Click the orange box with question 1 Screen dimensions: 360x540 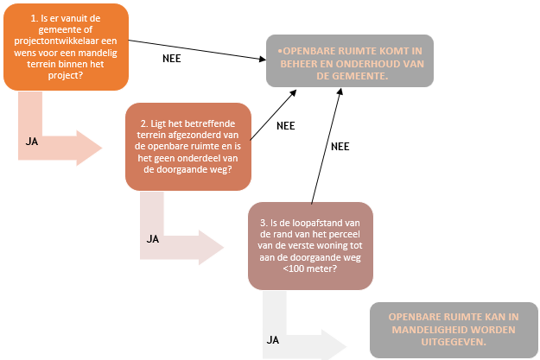point(67,47)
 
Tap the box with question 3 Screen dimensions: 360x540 point(310,245)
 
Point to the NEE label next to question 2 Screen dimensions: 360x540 point(285,125)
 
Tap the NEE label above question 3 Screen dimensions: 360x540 point(340,147)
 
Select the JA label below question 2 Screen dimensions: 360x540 point(152,238)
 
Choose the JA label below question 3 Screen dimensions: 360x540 point(273,339)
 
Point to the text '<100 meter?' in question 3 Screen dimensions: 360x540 point(309,268)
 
